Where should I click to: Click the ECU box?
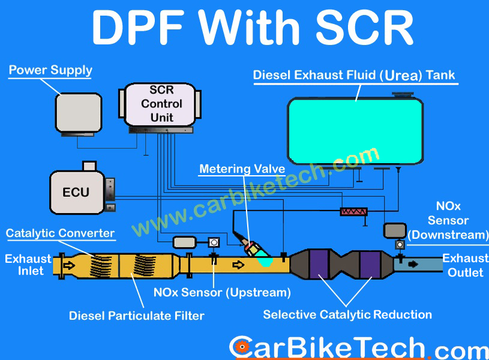(76, 192)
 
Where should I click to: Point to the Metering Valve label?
(233, 169)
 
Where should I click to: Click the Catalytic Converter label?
(60, 233)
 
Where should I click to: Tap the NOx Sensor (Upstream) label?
(222, 293)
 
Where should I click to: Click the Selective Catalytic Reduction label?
(347, 314)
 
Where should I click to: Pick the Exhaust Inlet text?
(28, 265)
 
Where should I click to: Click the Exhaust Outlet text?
(465, 265)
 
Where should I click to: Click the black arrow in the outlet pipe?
(413, 263)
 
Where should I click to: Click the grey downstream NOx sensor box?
(395, 230)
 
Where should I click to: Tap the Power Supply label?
(50, 70)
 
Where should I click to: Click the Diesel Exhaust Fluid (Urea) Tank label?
(354, 76)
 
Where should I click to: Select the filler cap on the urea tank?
(402, 94)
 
